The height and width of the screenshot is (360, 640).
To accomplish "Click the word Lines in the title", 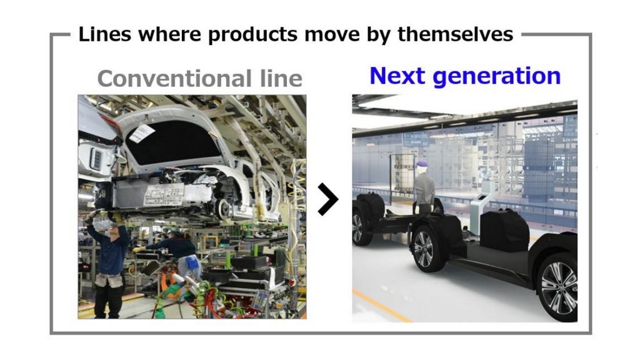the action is [x=104, y=34].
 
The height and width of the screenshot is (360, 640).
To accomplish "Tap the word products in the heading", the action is [x=252, y=35].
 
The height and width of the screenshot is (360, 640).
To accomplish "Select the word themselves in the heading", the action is [x=455, y=34].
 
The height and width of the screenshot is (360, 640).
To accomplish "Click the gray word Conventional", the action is [x=174, y=78].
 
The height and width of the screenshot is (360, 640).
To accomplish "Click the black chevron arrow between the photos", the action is [x=328, y=199].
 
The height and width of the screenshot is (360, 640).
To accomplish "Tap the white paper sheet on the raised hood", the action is [x=141, y=134].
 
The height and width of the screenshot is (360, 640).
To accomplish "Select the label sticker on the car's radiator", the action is [x=164, y=194].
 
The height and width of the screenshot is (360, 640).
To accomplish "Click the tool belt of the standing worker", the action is [x=109, y=280].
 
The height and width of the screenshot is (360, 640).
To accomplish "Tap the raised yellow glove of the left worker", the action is [x=117, y=217].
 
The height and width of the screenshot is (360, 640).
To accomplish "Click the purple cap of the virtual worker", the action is [x=421, y=164].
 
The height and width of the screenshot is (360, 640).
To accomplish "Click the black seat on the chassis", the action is [x=504, y=230].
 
